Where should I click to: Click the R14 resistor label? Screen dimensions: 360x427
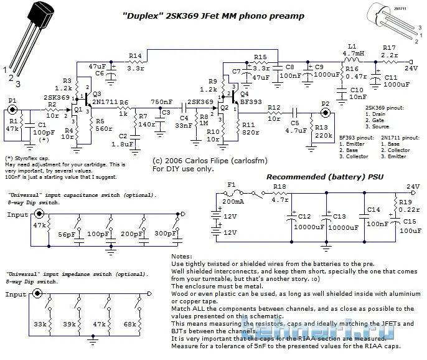click(135, 55)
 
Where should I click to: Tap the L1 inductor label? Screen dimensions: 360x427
click(352, 47)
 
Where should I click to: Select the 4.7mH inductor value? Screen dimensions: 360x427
click(352, 54)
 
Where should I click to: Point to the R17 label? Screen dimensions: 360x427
click(389, 47)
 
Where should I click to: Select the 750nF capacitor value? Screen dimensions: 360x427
click(161, 102)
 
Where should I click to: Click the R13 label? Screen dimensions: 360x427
click(321, 127)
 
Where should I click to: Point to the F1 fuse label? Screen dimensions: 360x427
click(232, 185)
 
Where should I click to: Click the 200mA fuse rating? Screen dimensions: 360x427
click(232, 202)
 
